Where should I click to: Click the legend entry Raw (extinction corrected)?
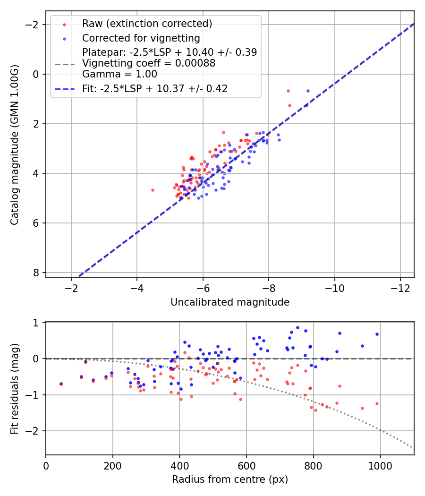(147, 24)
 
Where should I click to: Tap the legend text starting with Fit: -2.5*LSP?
(155, 88)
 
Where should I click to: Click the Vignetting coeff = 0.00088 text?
(149, 63)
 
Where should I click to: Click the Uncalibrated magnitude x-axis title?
(230, 302)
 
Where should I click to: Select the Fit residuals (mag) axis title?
(15, 388)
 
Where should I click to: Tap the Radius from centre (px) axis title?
(230, 479)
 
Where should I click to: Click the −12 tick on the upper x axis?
(400, 287)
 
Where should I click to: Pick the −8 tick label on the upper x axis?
(268, 287)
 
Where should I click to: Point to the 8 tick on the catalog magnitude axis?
(37, 273)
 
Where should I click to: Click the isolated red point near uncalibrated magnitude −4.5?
(153, 190)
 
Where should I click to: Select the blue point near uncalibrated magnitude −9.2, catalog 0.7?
(308, 91)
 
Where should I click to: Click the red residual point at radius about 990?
(377, 403)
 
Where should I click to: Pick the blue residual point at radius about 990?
(377, 334)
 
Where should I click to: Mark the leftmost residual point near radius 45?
(61, 384)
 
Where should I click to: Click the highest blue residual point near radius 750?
(297, 327)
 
